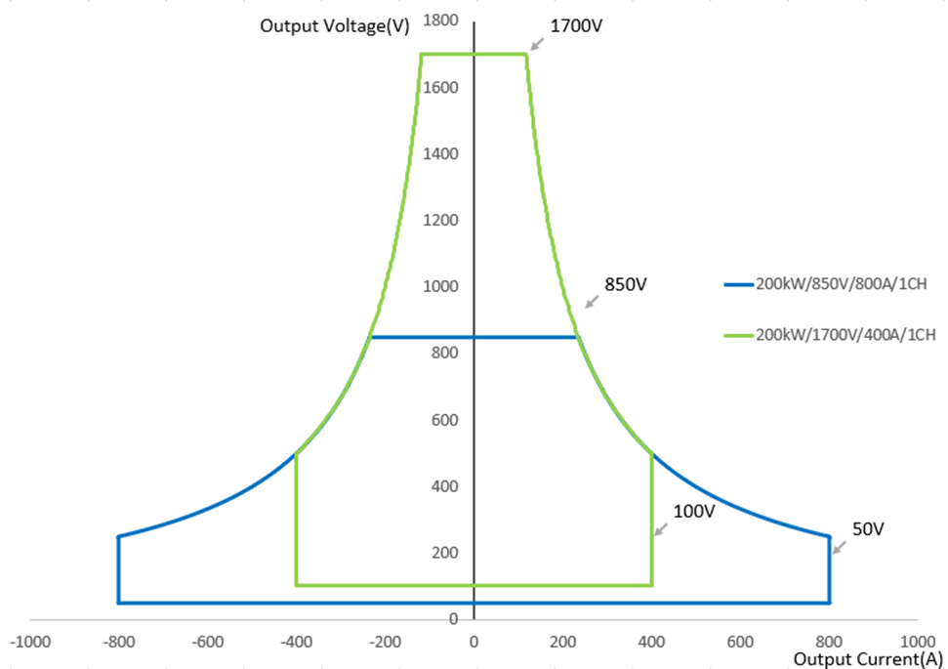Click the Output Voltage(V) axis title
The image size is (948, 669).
[334, 26]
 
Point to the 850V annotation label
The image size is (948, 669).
[626, 285]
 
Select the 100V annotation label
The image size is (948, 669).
[694, 512]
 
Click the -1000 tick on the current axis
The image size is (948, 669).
[29, 642]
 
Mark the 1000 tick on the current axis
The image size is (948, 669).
[917, 642]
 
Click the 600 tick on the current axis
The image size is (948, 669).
[741, 642]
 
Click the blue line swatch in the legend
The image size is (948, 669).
[738, 285]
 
